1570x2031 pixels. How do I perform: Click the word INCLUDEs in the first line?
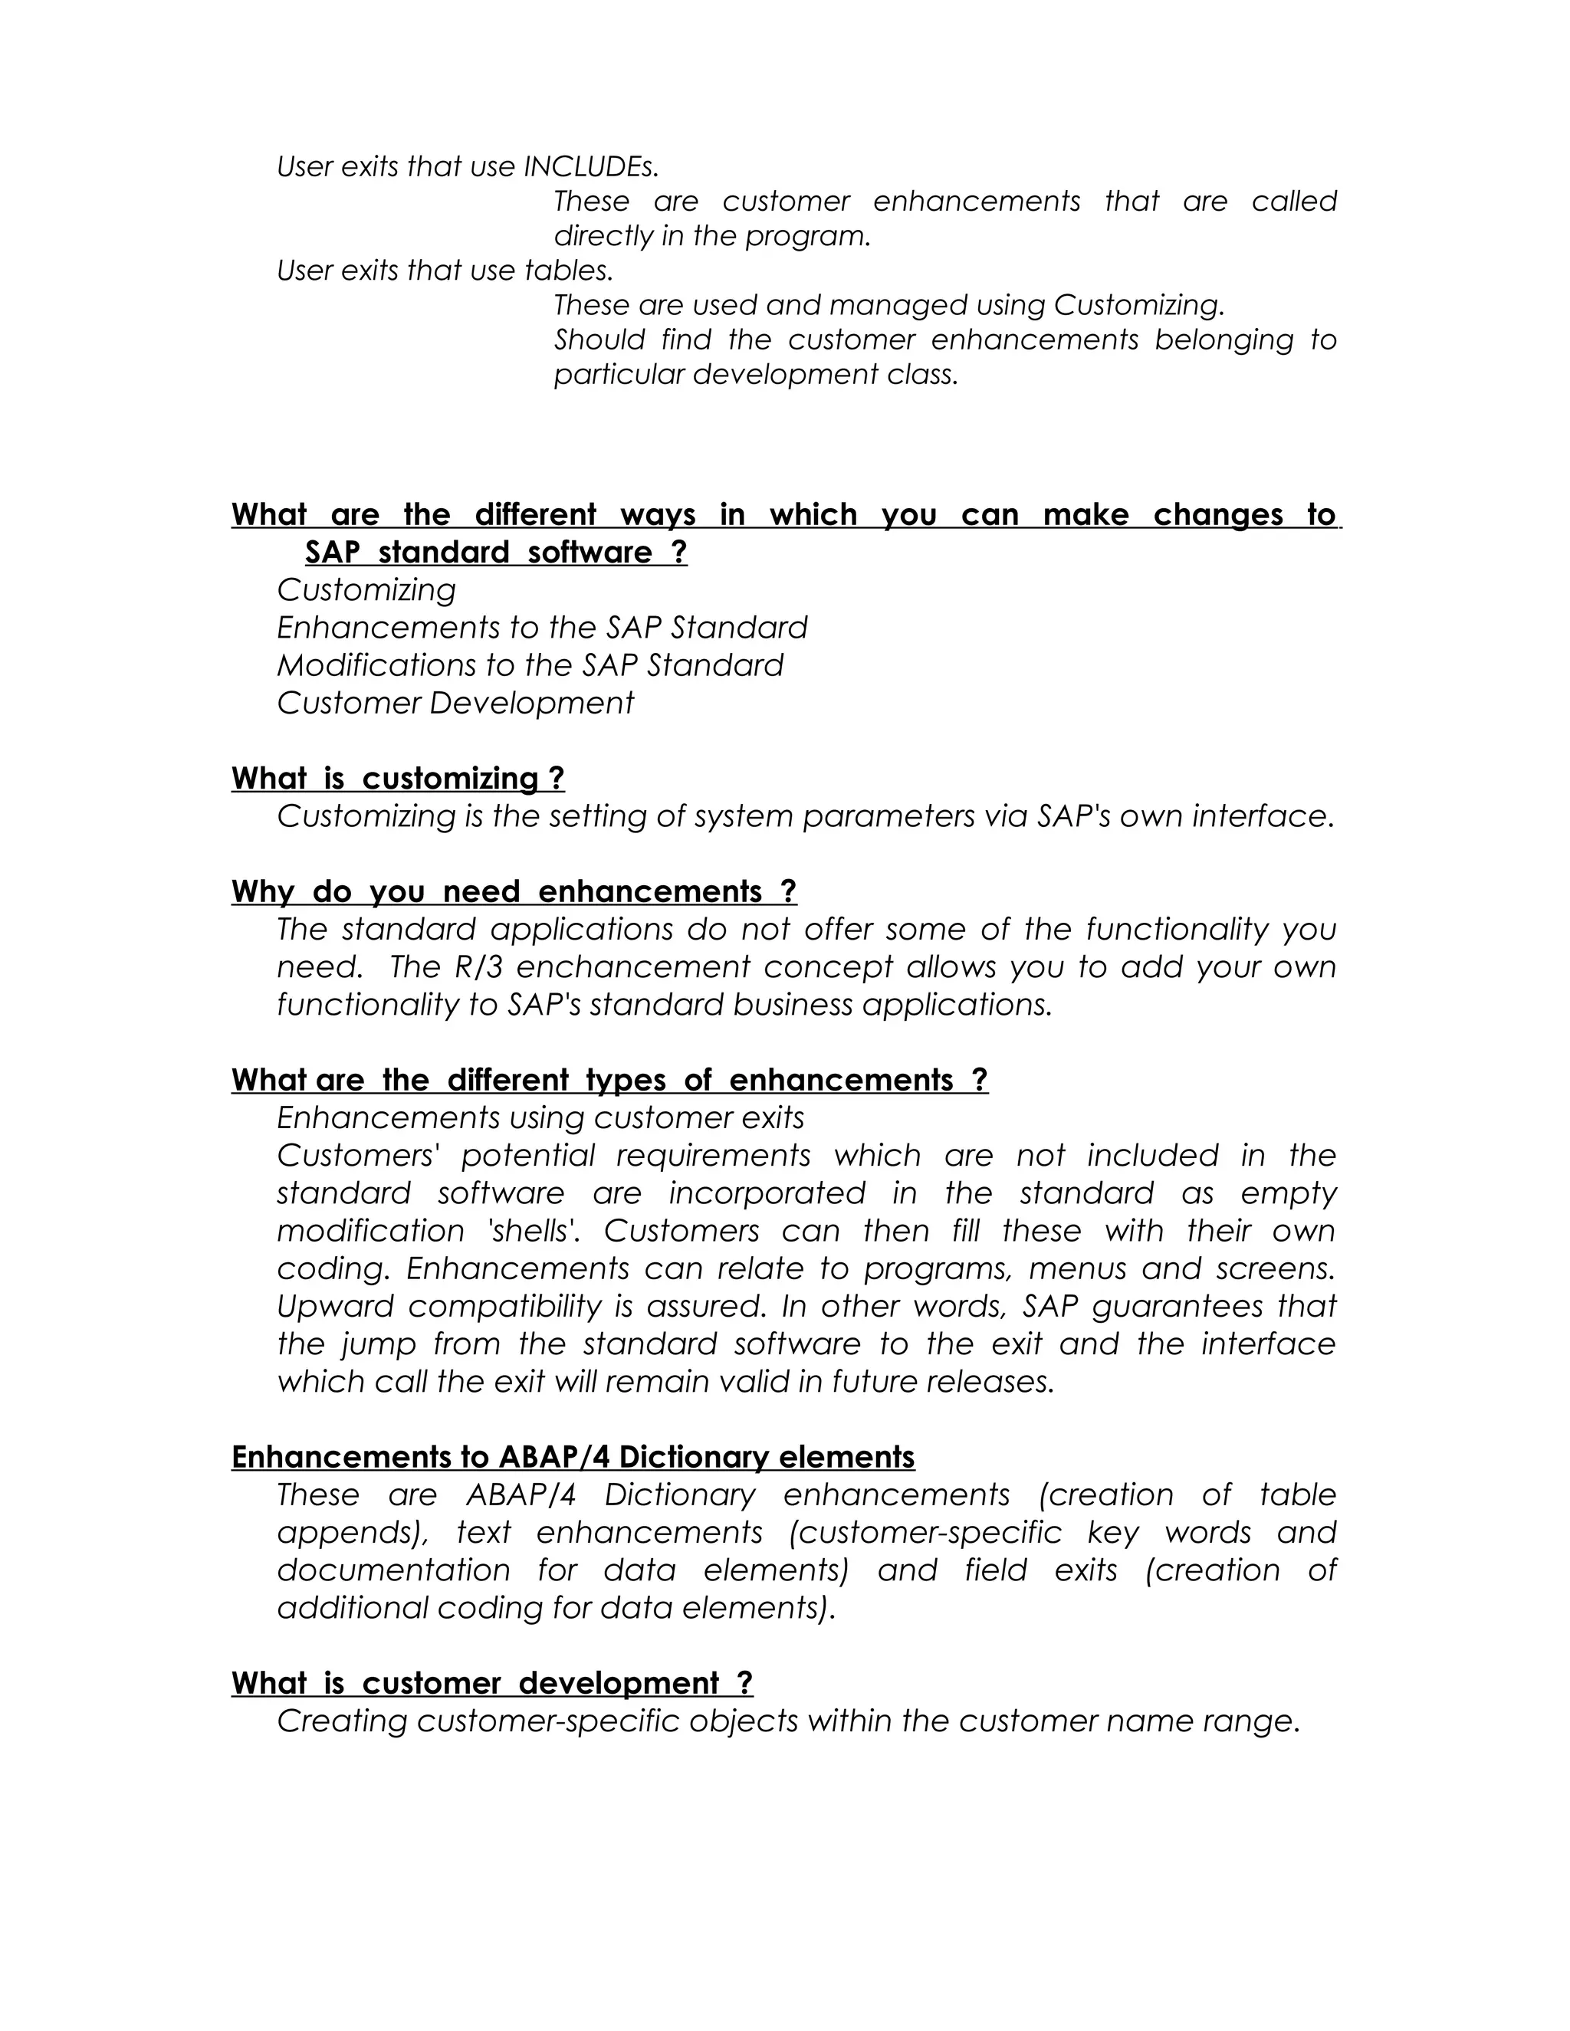click(590, 167)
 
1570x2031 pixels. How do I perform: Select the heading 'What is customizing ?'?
click(398, 779)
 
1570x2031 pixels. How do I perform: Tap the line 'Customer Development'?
click(455, 703)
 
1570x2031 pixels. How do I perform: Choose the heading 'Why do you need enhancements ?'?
click(514, 892)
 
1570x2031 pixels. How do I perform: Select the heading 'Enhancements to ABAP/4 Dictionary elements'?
click(573, 1457)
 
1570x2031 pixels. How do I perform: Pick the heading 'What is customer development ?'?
click(492, 1683)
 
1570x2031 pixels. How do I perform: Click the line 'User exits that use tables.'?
click(445, 271)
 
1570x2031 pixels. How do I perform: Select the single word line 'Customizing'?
click(366, 590)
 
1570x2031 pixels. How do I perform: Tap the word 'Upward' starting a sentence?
click(335, 1307)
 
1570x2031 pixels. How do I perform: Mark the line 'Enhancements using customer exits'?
click(540, 1117)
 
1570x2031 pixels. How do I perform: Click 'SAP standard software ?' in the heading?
click(496, 553)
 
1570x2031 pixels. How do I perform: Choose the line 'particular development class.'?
click(755, 375)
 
